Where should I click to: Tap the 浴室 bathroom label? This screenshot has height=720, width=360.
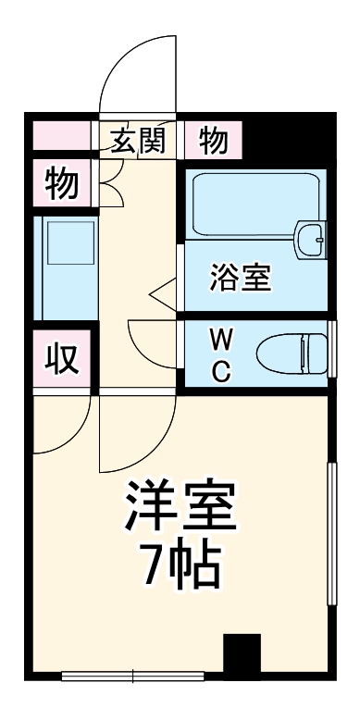(x=241, y=279)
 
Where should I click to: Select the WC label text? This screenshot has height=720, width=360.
(x=221, y=354)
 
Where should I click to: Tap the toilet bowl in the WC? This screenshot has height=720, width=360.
(x=292, y=353)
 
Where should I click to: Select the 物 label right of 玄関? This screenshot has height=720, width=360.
(x=213, y=141)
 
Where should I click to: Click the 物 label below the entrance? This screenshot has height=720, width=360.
(x=62, y=184)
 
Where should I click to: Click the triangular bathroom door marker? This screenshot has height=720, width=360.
(x=163, y=295)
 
